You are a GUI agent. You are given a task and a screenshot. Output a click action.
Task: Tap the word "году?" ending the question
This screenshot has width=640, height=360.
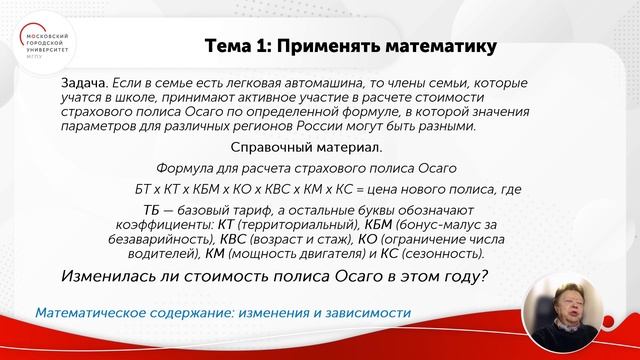coord(464,277)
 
